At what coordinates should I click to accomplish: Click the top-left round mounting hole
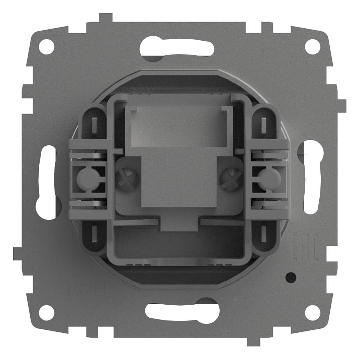pyautogui.click(x=46, y=47)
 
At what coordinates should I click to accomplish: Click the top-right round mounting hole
pyautogui.click(x=312, y=47)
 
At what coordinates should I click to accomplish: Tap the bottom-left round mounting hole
pyautogui.click(x=46, y=312)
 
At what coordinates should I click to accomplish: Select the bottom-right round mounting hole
pyautogui.click(x=312, y=312)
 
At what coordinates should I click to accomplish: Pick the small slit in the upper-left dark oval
pyautogui.click(x=95, y=124)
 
